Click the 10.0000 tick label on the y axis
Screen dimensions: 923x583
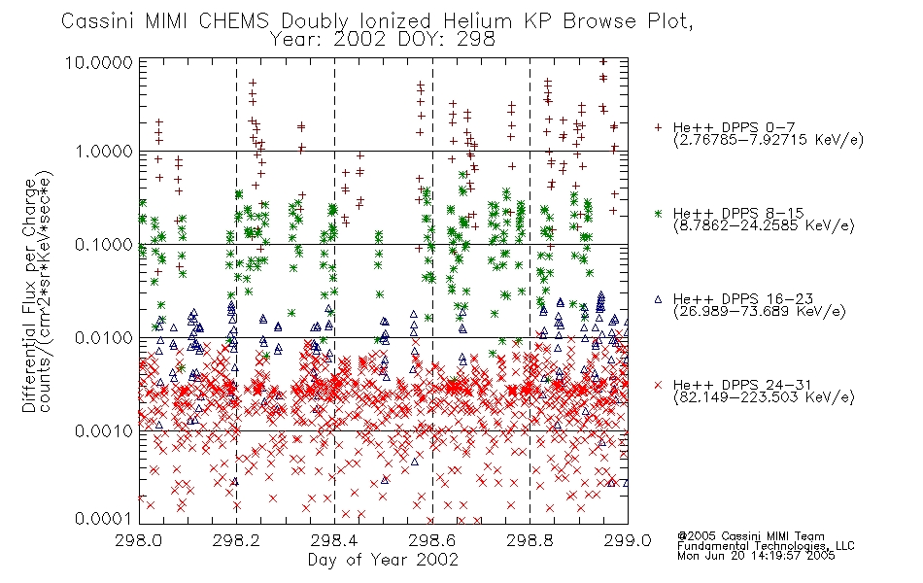coord(98,62)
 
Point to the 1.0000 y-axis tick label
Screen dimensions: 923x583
coord(104,152)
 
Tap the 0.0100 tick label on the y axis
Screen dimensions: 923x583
coord(104,338)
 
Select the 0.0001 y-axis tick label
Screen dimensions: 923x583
coord(104,519)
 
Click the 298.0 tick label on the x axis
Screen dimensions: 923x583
coord(139,540)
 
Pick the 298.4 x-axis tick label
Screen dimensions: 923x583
coord(334,540)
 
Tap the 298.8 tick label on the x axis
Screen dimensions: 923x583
coord(530,540)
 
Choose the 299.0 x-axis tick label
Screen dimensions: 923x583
coord(628,540)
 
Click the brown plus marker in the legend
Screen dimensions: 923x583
coord(658,127)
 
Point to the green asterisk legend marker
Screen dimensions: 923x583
coord(658,213)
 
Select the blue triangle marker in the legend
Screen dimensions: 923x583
coord(658,299)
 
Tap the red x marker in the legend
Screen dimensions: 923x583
coord(658,385)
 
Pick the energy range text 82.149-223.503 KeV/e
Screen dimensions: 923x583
coord(764,397)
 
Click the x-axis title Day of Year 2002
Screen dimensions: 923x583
coord(383,560)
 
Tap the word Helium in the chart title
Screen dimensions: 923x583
coord(477,21)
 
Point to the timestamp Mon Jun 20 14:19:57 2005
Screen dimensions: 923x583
coord(756,556)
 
